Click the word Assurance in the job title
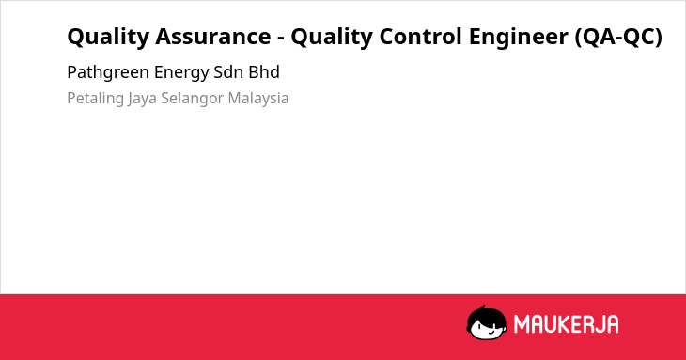pyautogui.click(x=213, y=37)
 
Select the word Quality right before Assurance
pyautogui.click(x=108, y=38)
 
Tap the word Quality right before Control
pyautogui.click(x=332, y=38)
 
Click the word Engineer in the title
pyautogui.click(x=519, y=38)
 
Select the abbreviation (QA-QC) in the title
pyautogui.click(x=618, y=38)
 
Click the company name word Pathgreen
pyautogui.click(x=108, y=72)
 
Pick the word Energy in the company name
pyautogui.click(x=181, y=73)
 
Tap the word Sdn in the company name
pyautogui.click(x=228, y=72)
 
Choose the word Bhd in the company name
pyautogui.click(x=264, y=72)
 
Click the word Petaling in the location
pyautogui.click(x=95, y=99)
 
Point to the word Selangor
pyautogui.click(x=192, y=99)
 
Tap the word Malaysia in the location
pyautogui.click(x=258, y=99)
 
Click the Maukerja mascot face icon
pyautogui.click(x=487, y=322)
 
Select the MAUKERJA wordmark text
pyautogui.click(x=566, y=324)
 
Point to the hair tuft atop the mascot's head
pyautogui.click(x=483, y=307)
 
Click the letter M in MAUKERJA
pyautogui.click(x=522, y=324)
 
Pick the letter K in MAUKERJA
pyautogui.click(x=566, y=324)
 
